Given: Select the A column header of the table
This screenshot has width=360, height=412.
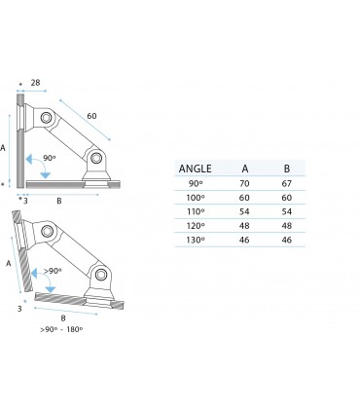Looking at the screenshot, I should (244, 167).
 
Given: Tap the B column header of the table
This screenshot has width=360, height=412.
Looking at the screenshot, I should (286, 167).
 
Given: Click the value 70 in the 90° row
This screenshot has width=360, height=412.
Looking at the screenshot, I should (244, 182).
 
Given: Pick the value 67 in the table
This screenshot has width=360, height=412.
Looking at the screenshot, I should (286, 182).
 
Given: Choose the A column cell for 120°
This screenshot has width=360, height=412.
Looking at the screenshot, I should (244, 224).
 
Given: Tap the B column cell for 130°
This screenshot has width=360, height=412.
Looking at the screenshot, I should (286, 238).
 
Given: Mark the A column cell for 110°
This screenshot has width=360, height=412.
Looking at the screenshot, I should (244, 210).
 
